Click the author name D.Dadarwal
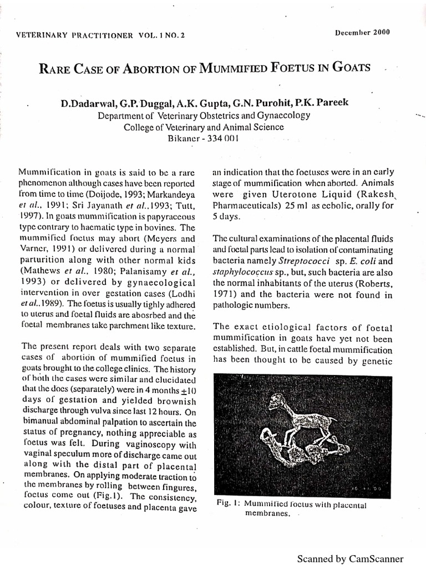[x=86, y=104]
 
